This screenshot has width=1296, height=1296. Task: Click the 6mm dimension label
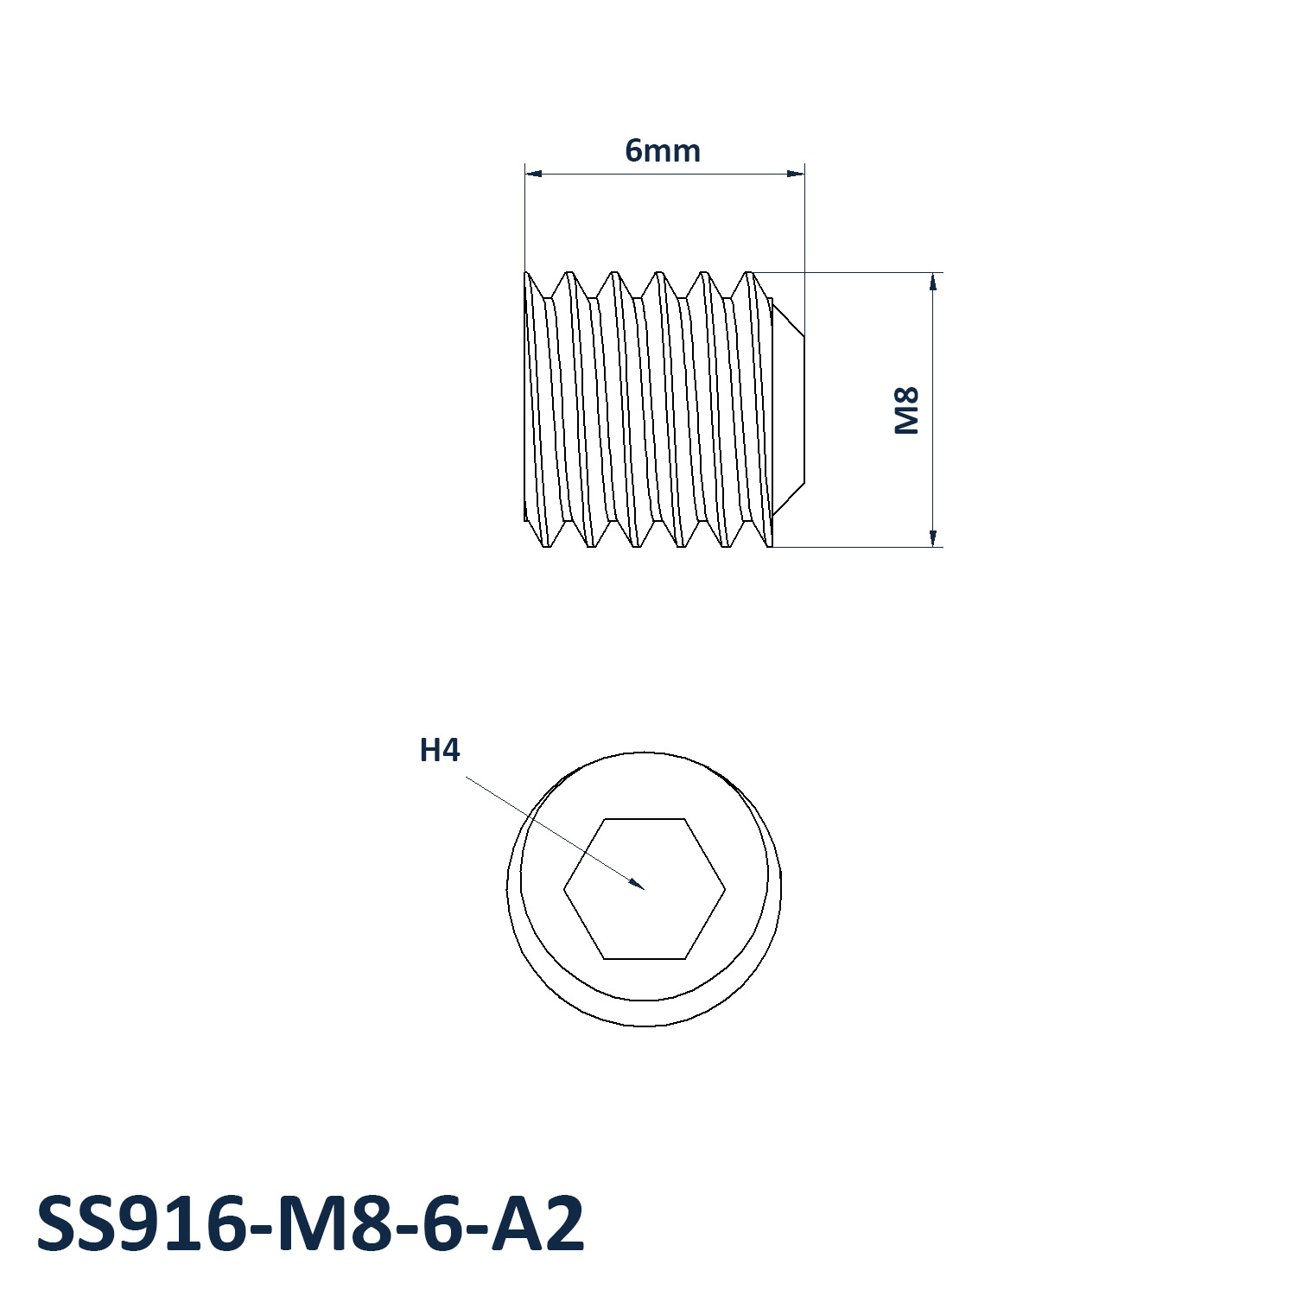point(663,151)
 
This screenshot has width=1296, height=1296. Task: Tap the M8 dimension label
point(906,410)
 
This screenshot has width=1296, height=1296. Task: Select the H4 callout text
point(440,750)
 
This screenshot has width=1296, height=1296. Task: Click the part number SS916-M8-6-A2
point(311,1224)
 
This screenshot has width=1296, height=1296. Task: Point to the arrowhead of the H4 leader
point(638,884)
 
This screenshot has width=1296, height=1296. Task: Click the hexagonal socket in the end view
point(645,888)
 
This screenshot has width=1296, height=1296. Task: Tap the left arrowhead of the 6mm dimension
point(534,174)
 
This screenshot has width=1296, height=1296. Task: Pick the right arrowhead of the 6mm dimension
point(795,174)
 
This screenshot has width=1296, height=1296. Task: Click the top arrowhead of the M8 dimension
point(933,282)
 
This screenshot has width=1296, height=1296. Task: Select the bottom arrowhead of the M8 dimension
point(933,537)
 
